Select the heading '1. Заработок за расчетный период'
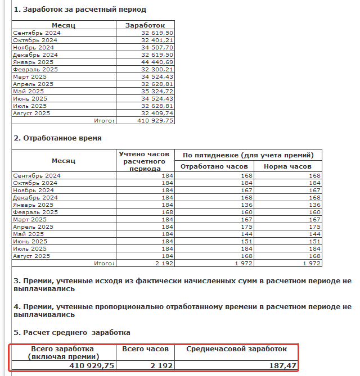click(x=80, y=10)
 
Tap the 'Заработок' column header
click(x=145, y=25)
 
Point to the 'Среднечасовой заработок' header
click(x=237, y=349)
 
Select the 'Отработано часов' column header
click(x=214, y=166)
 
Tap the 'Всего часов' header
click(x=146, y=349)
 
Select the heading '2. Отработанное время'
click(x=57, y=138)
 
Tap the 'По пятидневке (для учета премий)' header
click(x=249, y=155)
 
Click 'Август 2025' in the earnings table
click(x=31, y=113)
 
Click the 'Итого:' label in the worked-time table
click(x=104, y=263)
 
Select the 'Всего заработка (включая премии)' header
click(x=63, y=352)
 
